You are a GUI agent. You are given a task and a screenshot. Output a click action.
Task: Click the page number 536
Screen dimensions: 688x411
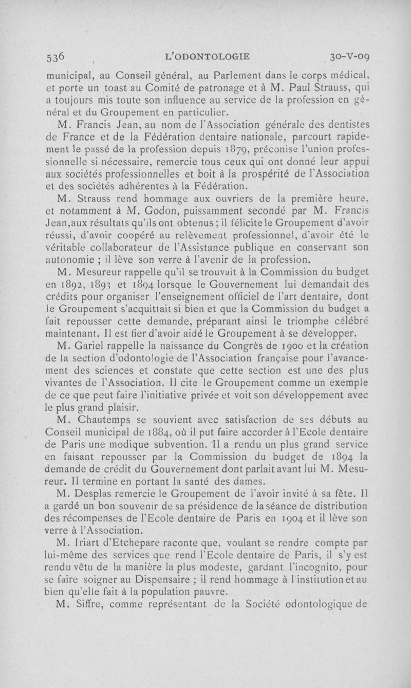pyautogui.click(x=54, y=56)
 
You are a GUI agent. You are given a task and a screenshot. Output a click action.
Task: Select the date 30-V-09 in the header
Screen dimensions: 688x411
pyautogui.click(x=348, y=56)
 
